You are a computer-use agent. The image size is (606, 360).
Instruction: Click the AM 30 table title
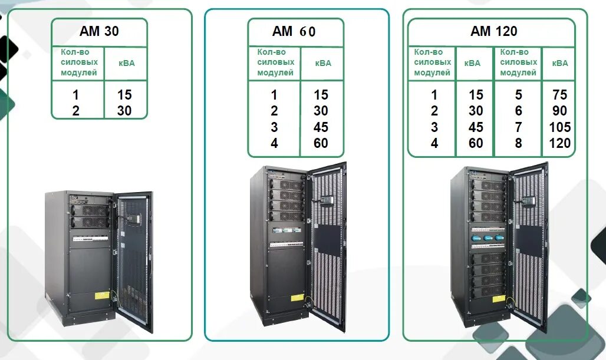(x=99, y=31)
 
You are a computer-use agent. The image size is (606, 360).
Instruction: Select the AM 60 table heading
(x=294, y=31)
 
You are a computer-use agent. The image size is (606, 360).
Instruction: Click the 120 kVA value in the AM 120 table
(x=559, y=143)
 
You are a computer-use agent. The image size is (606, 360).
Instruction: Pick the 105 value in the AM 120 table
(x=559, y=127)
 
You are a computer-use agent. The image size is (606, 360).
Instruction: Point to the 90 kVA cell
(x=559, y=111)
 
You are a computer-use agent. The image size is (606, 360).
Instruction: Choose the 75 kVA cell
(x=559, y=95)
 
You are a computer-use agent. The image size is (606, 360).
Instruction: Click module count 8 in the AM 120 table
(x=518, y=143)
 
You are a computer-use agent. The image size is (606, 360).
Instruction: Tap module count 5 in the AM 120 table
(x=518, y=95)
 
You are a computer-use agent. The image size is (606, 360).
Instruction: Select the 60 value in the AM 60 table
(x=321, y=143)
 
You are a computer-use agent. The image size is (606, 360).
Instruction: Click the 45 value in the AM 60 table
(x=321, y=127)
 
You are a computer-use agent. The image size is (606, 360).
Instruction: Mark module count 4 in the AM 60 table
(x=274, y=143)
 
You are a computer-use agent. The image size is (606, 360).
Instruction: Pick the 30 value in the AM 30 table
(x=124, y=111)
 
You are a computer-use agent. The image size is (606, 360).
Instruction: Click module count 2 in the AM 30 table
(x=76, y=111)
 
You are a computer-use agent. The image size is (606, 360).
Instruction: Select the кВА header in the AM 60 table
(x=322, y=63)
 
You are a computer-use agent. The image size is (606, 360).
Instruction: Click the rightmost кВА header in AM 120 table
(x=559, y=63)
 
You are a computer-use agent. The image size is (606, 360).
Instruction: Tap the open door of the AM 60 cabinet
(x=327, y=247)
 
